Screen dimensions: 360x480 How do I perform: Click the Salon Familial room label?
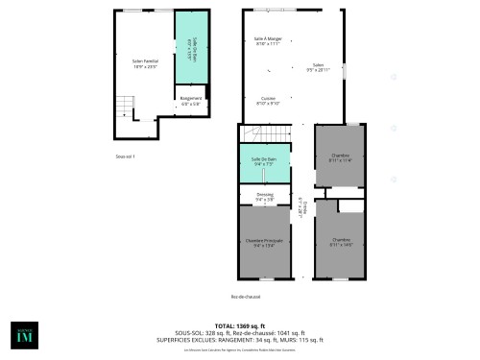click(x=144, y=64)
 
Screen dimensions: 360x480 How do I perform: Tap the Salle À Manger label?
click(x=266, y=41)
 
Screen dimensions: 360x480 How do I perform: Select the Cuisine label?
click(x=269, y=100)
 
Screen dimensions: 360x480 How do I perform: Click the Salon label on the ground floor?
click(x=318, y=67)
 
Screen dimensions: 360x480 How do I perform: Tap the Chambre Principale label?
click(x=264, y=243)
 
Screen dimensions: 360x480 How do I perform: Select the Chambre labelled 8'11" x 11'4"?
click(x=341, y=157)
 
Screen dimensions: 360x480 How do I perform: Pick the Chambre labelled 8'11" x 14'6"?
click(x=341, y=242)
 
